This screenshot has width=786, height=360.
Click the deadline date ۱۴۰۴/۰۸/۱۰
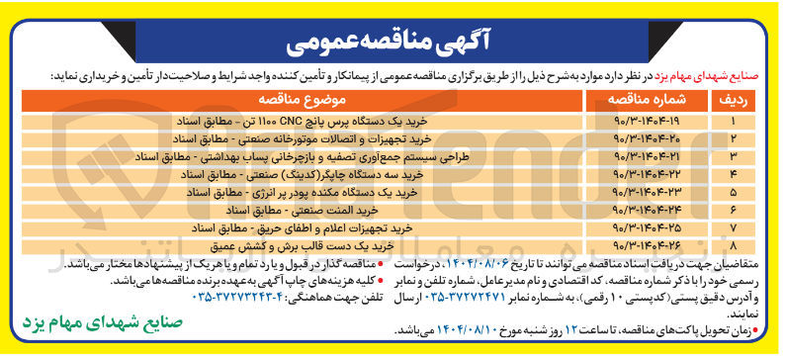444,337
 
